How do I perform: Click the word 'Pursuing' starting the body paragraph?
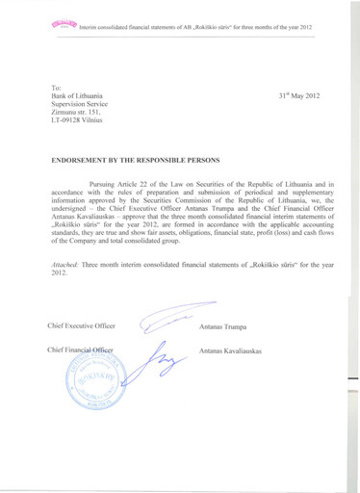(105, 181)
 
